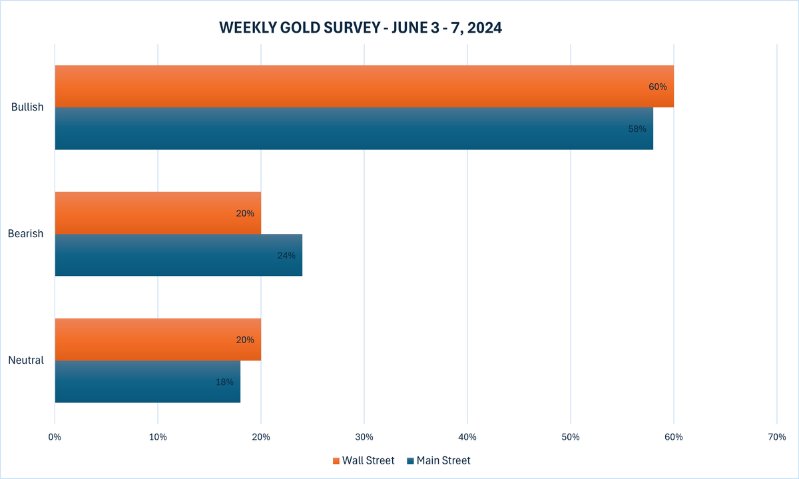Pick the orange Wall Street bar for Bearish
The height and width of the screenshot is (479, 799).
[x=146, y=213]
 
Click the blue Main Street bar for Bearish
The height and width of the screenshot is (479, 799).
[x=166, y=255]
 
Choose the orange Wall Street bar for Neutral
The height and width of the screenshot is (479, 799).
[x=146, y=340]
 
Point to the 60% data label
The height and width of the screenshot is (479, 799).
[x=657, y=87]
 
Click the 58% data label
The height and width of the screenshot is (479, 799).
[x=637, y=129]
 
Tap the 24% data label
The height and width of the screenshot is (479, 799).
[x=286, y=255]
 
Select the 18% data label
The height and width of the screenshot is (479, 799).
[x=224, y=382]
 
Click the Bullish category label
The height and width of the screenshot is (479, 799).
[x=27, y=107]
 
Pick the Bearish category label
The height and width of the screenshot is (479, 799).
[x=25, y=234]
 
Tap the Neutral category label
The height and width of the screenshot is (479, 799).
[x=26, y=360]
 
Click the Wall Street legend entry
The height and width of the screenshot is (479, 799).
[x=364, y=460]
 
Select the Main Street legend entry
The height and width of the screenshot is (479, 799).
[x=439, y=460]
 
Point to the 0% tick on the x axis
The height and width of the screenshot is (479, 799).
[x=55, y=437]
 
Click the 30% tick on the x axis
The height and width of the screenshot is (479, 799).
[x=364, y=437]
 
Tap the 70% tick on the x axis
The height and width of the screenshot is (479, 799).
[x=777, y=437]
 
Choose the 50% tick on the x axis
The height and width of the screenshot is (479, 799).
[x=571, y=437]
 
